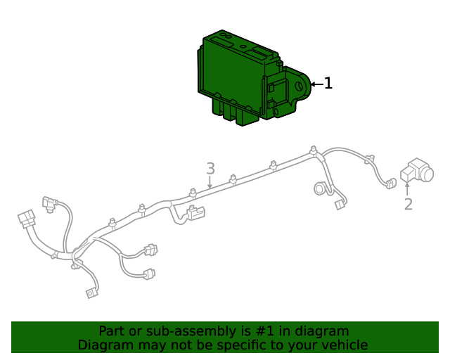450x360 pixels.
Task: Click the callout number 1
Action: click(x=328, y=83)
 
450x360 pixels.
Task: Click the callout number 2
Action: click(x=409, y=204)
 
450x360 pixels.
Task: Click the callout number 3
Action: click(x=211, y=169)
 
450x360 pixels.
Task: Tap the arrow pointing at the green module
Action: click(x=317, y=84)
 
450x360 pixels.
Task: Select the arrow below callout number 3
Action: click(x=210, y=182)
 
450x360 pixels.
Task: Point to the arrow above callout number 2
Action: click(x=407, y=189)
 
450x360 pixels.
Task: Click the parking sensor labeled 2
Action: click(x=417, y=170)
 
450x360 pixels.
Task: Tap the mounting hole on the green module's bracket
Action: click(x=300, y=86)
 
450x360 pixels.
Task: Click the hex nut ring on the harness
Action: click(x=319, y=188)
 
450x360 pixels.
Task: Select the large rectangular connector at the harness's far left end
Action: click(x=27, y=219)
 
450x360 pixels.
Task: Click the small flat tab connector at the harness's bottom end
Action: click(x=92, y=292)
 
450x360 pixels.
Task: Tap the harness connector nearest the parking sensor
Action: click(x=391, y=184)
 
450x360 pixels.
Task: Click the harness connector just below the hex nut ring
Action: click(x=340, y=205)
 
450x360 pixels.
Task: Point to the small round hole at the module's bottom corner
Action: click(x=276, y=111)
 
